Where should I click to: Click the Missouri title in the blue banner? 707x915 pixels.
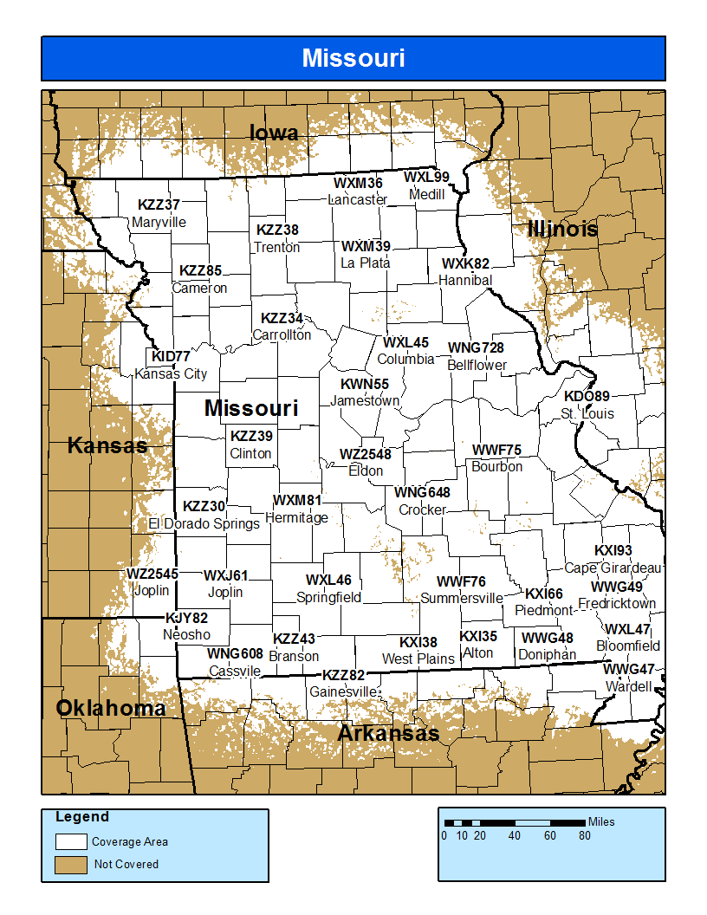coord(353,58)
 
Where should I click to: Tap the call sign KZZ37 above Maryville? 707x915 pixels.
coord(159,205)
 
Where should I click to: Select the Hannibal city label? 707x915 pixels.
coord(465,281)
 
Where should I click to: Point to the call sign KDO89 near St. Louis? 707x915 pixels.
coord(587,397)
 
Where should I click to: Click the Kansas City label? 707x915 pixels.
coord(171,374)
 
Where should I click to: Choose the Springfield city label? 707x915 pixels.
coord(328,598)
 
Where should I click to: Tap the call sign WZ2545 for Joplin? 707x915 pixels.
coord(152,574)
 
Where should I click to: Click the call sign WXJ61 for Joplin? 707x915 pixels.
coord(225,575)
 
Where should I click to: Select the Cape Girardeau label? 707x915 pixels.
coord(613,568)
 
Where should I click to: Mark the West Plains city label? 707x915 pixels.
coord(418,659)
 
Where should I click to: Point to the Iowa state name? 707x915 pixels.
coord(274,133)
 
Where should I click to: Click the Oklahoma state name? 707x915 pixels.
coord(111,709)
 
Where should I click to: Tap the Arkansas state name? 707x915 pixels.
coord(387,734)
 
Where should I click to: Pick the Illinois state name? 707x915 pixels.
coord(562,230)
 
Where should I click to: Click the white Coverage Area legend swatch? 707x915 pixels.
coord(71,841)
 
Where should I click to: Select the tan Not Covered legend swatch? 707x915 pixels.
coord(71,864)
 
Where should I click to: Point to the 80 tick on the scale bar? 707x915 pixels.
coord(585,836)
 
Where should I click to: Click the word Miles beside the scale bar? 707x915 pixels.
coord(601,821)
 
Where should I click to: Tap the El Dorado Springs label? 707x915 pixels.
coord(204,524)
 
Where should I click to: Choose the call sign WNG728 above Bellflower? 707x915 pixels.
coord(476,348)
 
